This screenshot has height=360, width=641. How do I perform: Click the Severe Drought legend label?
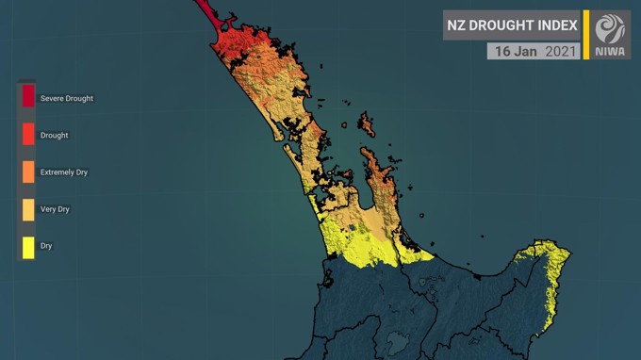point(66,98)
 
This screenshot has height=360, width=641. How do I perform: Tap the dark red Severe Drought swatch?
point(28,96)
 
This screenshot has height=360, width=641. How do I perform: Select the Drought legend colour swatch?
point(28,134)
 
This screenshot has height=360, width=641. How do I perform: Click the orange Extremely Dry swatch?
point(28,172)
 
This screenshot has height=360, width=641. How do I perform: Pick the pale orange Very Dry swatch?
point(28,209)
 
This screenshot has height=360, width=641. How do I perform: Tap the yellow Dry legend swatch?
point(28,247)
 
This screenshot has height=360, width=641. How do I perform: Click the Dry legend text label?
point(46,246)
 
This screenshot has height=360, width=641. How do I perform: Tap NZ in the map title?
point(457,25)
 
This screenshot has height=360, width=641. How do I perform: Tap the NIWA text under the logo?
point(611,51)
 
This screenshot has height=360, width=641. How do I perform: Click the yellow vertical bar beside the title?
point(585,35)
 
